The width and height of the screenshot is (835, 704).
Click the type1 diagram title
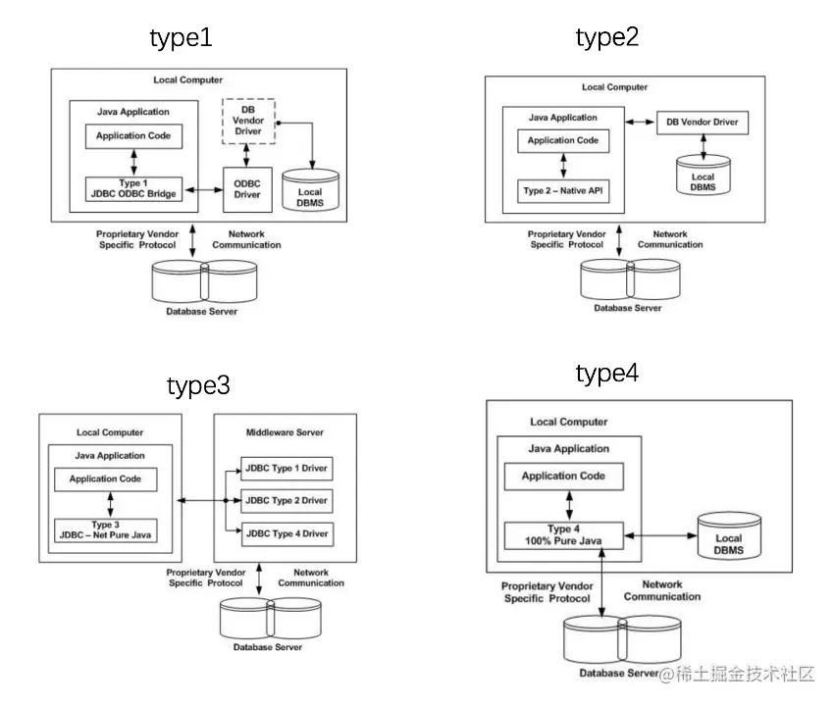[x=181, y=38]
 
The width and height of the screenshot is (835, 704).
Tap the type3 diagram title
[x=198, y=385]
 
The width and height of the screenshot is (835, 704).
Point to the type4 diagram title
[x=607, y=374]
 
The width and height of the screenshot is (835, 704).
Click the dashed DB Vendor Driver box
[x=248, y=121]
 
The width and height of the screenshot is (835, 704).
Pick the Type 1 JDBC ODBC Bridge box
[x=133, y=188]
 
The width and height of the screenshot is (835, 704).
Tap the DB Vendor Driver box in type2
[x=703, y=123]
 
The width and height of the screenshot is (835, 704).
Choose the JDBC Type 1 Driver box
[x=287, y=467]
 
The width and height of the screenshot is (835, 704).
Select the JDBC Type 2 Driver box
[x=287, y=500]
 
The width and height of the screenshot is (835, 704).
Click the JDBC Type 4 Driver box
[x=287, y=533]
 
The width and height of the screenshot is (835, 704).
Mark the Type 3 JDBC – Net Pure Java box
[x=106, y=529]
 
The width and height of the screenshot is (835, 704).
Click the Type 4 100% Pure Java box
[x=563, y=535]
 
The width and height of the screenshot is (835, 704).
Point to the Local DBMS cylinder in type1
[x=310, y=191]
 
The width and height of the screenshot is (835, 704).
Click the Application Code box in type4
[x=563, y=477]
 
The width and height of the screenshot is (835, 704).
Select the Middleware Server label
[x=285, y=432]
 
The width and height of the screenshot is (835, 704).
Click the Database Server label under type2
[x=627, y=308]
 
